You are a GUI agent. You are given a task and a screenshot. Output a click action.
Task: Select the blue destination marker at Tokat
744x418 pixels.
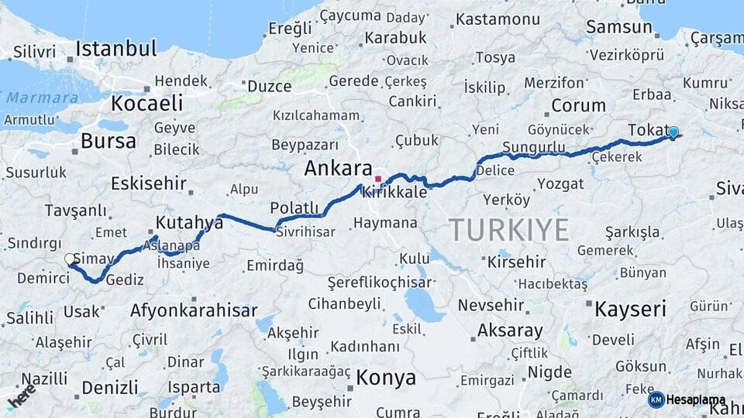pyautogui.click(x=673, y=132)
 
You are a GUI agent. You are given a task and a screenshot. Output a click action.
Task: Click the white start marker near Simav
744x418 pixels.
pyautogui.click(x=71, y=259)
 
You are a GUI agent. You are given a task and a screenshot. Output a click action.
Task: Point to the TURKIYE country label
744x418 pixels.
pyautogui.click(x=508, y=230)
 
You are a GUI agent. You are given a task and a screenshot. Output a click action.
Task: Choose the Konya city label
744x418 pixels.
pyautogui.click(x=386, y=378)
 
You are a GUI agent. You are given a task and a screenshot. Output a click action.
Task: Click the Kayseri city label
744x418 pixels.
pyautogui.click(x=630, y=310)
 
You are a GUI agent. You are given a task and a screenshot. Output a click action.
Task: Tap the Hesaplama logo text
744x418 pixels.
pyautogui.click(x=696, y=400)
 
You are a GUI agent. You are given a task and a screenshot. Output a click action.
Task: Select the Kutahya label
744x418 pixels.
pyautogui.click(x=189, y=223)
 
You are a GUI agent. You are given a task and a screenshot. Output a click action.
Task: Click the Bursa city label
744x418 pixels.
pyautogui.click(x=108, y=141)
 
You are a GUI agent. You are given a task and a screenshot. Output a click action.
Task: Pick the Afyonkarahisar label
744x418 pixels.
pyautogui.click(x=194, y=310)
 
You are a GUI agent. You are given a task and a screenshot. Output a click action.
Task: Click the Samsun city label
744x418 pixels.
pyautogui.click(x=618, y=27)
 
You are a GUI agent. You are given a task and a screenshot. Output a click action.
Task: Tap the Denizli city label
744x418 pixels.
pyautogui.click(x=109, y=387)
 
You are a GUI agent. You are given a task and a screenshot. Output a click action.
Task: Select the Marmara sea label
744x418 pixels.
pyautogui.click(x=42, y=98)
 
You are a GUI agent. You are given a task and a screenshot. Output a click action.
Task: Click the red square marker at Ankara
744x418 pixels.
pyautogui.click(x=377, y=179)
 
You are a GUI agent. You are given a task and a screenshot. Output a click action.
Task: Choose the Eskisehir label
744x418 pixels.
pyautogui.click(x=149, y=183)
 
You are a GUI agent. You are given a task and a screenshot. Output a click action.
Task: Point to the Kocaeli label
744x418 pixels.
pyautogui.click(x=146, y=103)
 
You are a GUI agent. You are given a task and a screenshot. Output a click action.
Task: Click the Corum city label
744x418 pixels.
pyautogui.click(x=578, y=105)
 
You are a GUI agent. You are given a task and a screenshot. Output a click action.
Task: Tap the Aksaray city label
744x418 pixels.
pyautogui.click(x=509, y=331)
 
